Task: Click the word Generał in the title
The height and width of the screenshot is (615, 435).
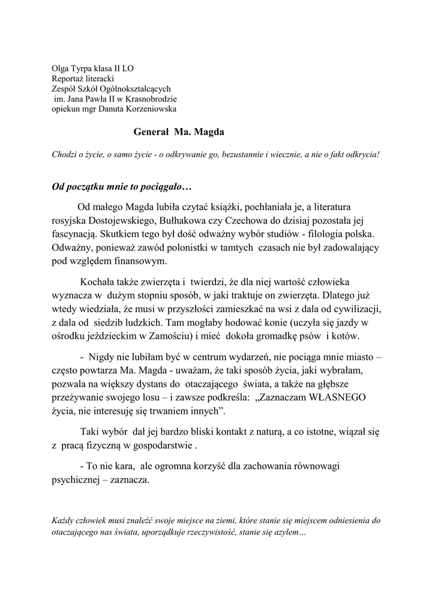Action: tap(150, 131)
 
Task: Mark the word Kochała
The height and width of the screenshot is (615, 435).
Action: tap(98, 281)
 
